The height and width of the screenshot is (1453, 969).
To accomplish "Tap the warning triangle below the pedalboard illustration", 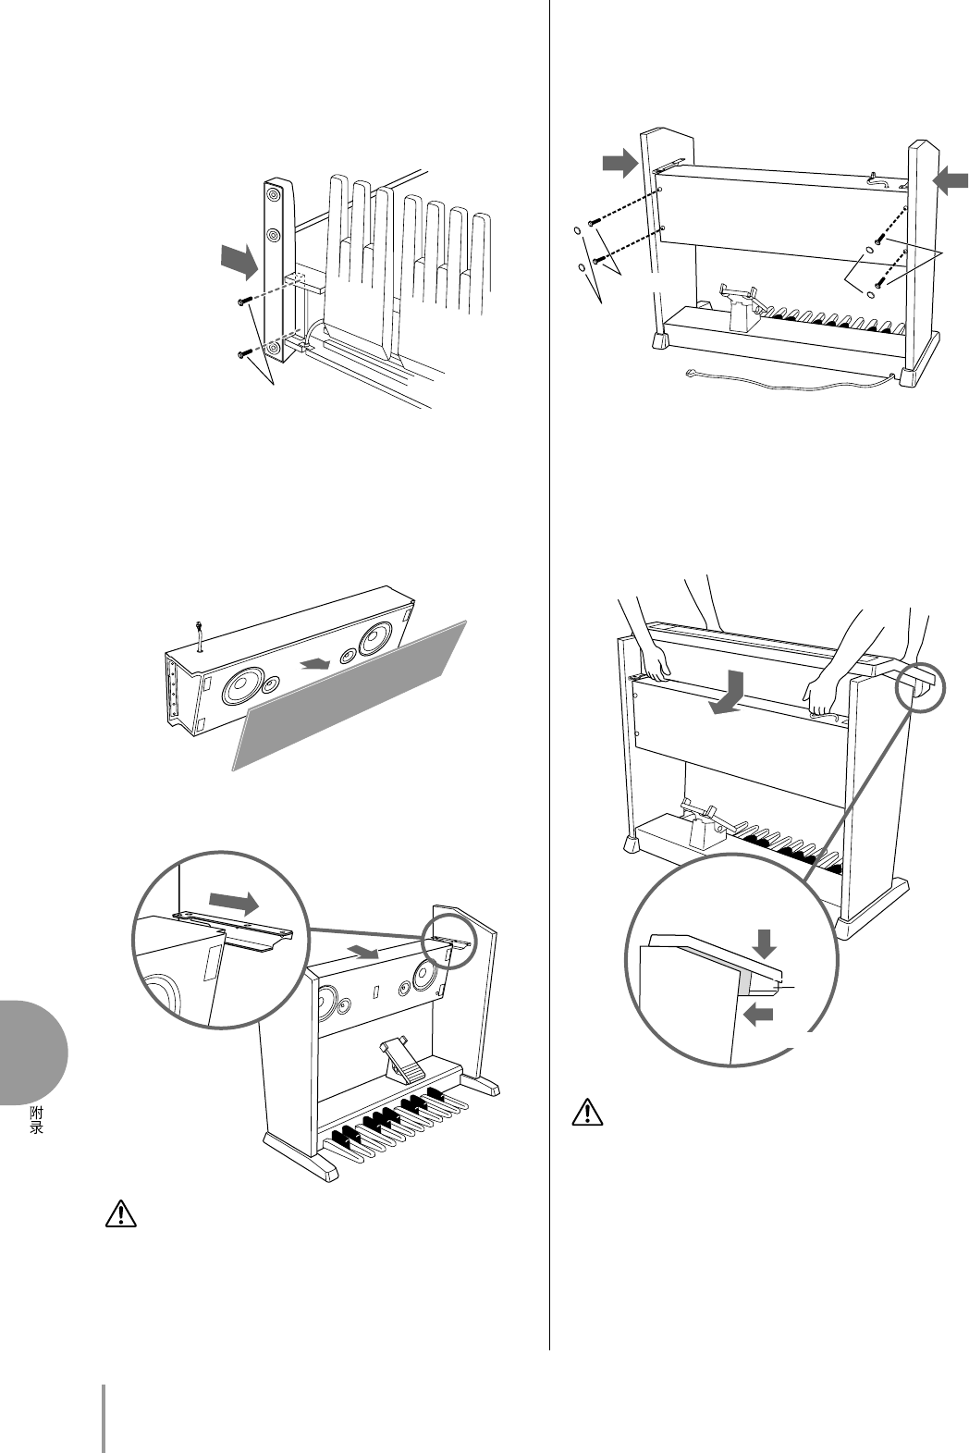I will (122, 1213).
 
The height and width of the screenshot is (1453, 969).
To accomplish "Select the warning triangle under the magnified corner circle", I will (585, 1112).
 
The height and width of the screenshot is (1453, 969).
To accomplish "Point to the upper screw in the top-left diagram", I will (244, 301).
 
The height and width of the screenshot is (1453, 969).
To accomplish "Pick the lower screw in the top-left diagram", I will (244, 352).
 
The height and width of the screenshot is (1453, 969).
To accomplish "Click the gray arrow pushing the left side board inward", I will (619, 165).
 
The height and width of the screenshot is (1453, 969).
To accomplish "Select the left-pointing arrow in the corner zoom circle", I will (758, 1016).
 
